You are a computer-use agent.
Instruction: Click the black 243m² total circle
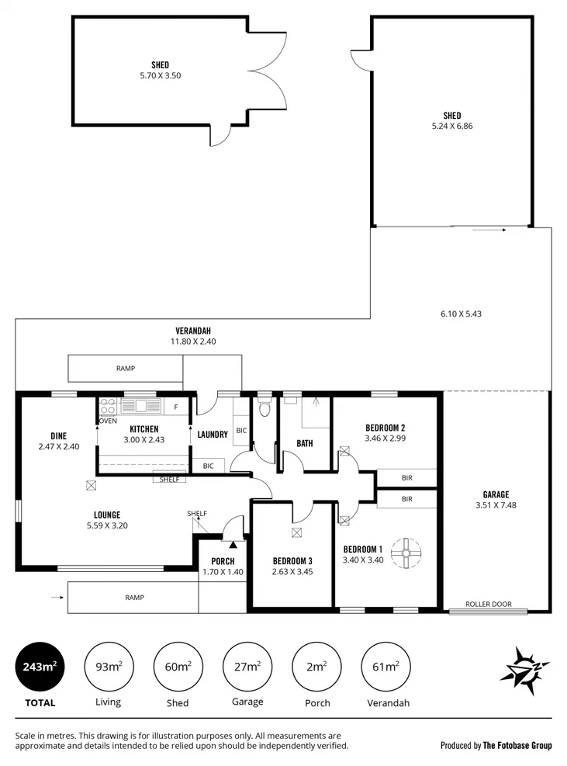tap(40, 667)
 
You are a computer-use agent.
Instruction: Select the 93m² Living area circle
tap(108, 667)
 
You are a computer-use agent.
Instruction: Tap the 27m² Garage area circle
tap(247, 667)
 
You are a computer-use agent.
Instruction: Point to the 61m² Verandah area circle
tap(385, 667)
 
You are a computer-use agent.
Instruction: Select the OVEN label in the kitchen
tap(108, 421)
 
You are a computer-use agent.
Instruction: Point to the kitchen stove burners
tap(108, 406)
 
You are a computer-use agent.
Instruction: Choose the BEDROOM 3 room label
tap(292, 561)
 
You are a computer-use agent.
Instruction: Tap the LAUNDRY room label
tap(212, 435)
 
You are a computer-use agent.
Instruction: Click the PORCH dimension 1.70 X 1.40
tap(223, 572)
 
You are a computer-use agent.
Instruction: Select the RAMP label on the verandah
tap(126, 369)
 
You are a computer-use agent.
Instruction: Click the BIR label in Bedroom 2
tap(406, 478)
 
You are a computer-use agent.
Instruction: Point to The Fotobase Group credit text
tap(517, 745)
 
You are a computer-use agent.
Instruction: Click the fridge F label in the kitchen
tap(176, 407)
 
